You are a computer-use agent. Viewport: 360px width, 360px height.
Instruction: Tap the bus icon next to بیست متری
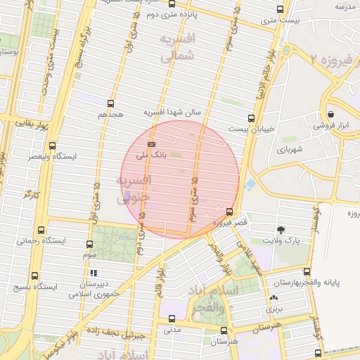pyautogui.click(x=281, y=10)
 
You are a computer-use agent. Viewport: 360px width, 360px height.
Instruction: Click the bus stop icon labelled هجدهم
pyautogui.click(x=110, y=103)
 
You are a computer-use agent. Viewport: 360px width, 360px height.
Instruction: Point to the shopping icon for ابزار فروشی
pyautogui.click(x=330, y=114)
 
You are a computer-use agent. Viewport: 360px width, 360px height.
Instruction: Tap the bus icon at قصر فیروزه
pyautogui.click(x=230, y=211)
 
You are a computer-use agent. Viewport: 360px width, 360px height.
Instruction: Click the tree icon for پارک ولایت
pyautogui.click(x=281, y=229)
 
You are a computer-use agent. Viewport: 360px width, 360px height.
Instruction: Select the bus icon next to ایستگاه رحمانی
pyautogui.click(x=40, y=230)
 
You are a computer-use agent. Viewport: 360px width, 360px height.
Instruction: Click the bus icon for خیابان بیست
pyautogui.click(x=252, y=118)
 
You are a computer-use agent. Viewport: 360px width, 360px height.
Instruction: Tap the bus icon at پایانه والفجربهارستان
pyautogui.click(x=306, y=271)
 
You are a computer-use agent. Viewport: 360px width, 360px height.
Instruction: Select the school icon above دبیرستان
pyautogui.click(x=94, y=273)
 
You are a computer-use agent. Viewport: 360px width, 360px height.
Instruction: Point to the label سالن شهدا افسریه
pyautogui.click(x=173, y=112)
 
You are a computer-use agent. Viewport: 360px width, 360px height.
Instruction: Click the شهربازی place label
pyautogui.click(x=289, y=149)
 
